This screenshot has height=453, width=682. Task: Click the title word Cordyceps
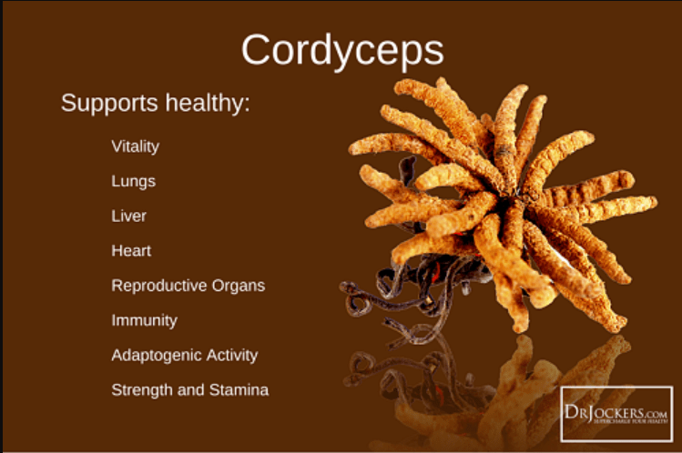coord(342,51)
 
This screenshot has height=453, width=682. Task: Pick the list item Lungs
coord(133,181)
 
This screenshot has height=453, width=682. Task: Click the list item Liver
coord(128,216)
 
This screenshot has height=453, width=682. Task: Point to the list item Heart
coord(131,250)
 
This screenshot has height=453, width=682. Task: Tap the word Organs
coord(235,285)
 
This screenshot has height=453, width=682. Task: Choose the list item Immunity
coord(144,320)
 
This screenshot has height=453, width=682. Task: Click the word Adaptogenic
coord(156,356)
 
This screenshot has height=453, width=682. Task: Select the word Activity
coord(231,355)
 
